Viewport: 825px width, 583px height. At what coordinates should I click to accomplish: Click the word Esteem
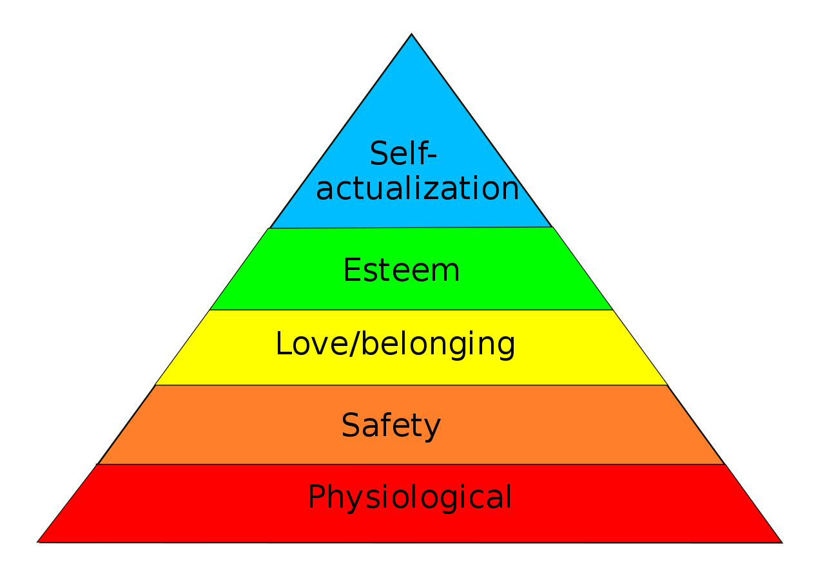(402, 270)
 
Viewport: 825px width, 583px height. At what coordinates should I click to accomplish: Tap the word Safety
(391, 426)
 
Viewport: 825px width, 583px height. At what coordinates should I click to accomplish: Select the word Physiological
(409, 497)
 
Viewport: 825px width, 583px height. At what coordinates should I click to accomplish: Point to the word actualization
(417, 188)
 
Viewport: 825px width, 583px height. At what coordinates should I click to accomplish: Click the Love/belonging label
(395, 345)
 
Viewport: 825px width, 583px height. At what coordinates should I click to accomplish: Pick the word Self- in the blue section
(403, 153)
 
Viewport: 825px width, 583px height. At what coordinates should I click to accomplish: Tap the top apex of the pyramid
(411, 34)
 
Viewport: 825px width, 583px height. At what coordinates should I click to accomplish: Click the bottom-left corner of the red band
(38, 542)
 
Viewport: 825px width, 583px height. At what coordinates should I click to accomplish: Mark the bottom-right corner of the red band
(782, 542)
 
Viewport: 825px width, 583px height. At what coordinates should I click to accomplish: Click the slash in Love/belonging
(354, 343)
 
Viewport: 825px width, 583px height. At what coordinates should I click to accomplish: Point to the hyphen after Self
(432, 156)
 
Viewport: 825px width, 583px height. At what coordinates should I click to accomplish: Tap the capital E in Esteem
(351, 270)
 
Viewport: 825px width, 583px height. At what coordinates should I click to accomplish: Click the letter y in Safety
(431, 430)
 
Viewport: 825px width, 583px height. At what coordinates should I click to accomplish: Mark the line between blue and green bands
(411, 228)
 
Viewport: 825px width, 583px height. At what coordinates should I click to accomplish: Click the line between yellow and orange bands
(411, 385)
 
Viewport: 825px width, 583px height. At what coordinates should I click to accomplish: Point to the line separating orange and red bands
(411, 464)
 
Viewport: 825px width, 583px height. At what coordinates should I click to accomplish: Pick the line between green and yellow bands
(411, 310)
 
